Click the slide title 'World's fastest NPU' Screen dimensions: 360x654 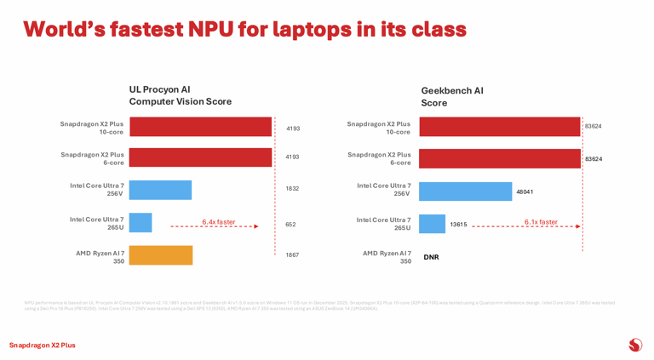pyautogui.click(x=244, y=29)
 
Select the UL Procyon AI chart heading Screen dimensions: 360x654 pyautogui.click(x=180, y=95)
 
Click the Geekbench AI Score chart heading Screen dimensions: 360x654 pyautogui.click(x=452, y=96)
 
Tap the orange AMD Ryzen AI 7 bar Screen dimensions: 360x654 pyautogui.click(x=161, y=255)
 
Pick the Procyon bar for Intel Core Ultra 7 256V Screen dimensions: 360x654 pyautogui.click(x=160, y=190)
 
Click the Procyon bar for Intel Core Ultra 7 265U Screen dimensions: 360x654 pyautogui.click(x=141, y=223)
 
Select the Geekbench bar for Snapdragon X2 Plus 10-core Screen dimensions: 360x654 pyautogui.click(x=499, y=127)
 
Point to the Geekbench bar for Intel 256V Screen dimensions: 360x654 pyautogui.click(x=465, y=191)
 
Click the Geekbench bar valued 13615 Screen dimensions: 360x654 pyautogui.click(x=432, y=224)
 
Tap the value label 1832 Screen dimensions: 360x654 pyautogui.click(x=292, y=189)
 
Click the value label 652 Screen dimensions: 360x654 pyautogui.click(x=290, y=225)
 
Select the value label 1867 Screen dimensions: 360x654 pyautogui.click(x=292, y=255)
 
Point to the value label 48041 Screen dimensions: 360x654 pyautogui.click(x=525, y=192)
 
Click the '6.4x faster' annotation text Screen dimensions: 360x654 pyautogui.click(x=219, y=222)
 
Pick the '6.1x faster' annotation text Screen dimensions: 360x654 pyautogui.click(x=541, y=222)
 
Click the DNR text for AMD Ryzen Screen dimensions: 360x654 pyautogui.click(x=431, y=257)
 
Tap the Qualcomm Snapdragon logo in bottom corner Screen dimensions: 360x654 pyautogui.click(x=634, y=345)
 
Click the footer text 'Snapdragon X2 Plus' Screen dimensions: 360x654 pyautogui.click(x=42, y=346)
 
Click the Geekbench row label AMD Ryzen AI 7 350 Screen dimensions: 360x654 pyautogui.click(x=387, y=257)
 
